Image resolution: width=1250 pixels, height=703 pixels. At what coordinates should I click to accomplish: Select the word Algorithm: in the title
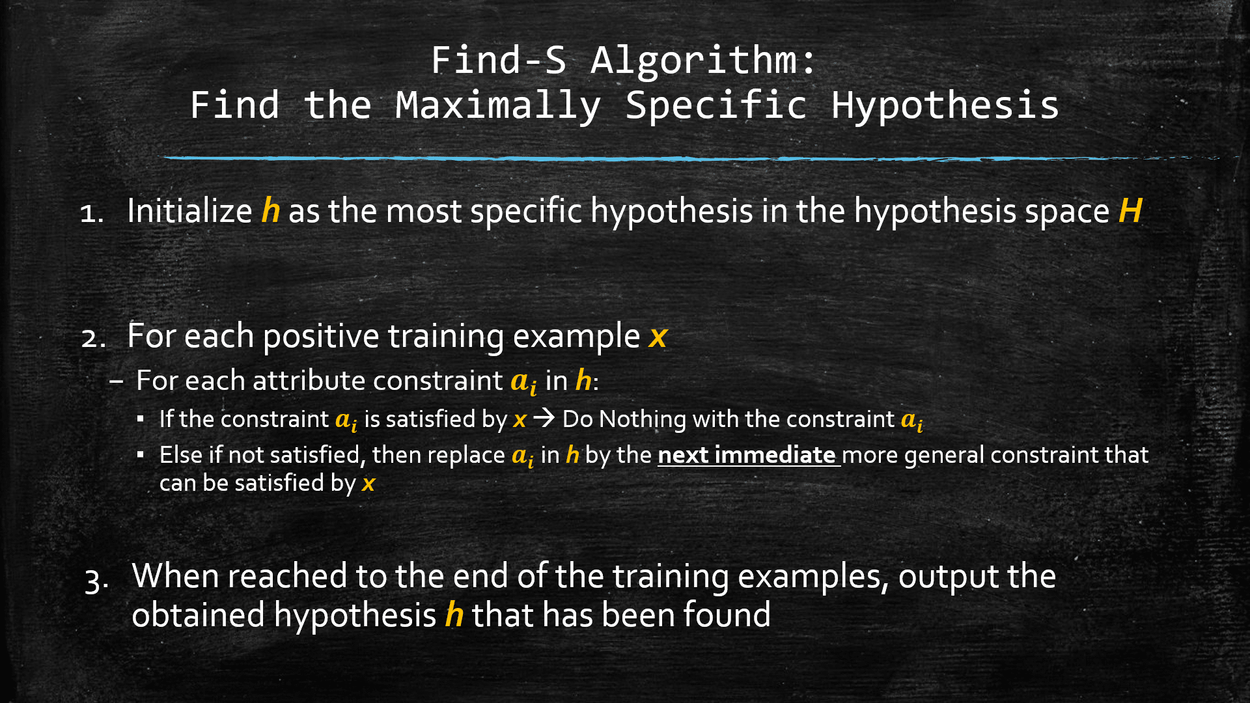pos(703,61)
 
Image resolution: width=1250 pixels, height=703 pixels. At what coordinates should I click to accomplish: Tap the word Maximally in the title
pos(498,106)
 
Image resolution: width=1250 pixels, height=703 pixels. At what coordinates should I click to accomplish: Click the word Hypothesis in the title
pos(945,106)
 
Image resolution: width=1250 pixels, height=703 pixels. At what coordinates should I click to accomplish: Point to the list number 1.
pos(90,214)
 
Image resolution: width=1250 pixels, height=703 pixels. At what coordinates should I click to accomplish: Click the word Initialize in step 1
pos(189,211)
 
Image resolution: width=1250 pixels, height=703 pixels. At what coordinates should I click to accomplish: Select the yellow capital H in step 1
pos(1130,211)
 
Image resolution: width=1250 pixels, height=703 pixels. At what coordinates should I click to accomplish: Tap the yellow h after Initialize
pos(270,211)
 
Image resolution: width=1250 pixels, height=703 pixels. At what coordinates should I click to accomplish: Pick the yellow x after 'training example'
pos(658,337)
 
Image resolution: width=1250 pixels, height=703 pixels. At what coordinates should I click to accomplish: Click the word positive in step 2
pos(321,336)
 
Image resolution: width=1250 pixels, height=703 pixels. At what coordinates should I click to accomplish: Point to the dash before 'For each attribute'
pos(117,381)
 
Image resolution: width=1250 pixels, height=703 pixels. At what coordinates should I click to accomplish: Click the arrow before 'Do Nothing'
pos(544,418)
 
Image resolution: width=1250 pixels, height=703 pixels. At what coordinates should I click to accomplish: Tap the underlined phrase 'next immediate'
pos(747,455)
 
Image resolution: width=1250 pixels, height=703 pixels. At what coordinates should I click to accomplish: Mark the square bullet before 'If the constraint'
pos(141,419)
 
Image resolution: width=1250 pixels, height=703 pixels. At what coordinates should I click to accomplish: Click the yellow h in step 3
pos(454,615)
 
